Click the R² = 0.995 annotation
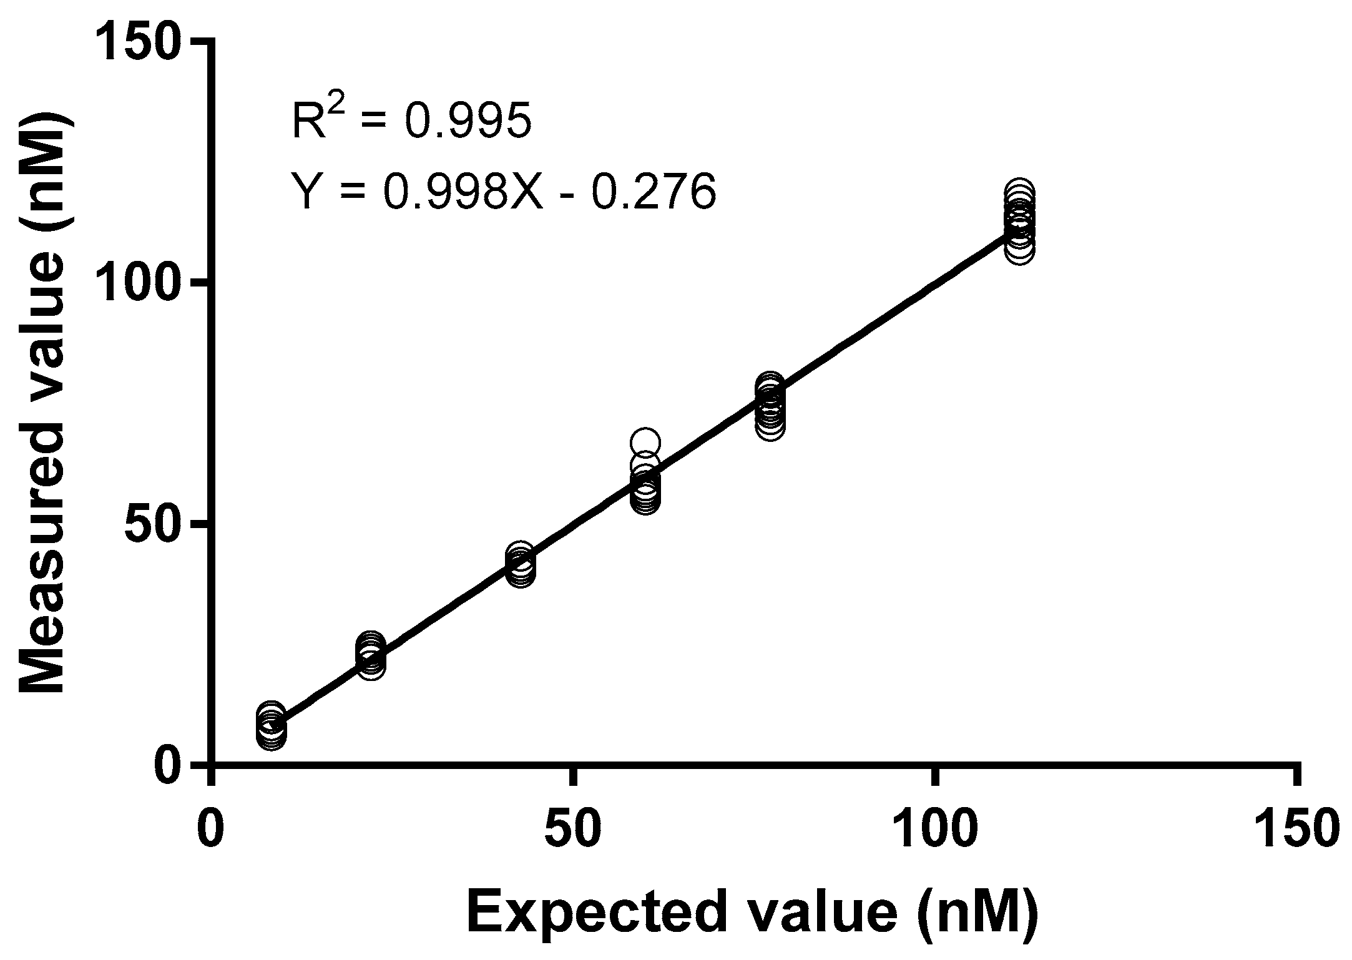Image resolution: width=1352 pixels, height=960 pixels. [x=412, y=120]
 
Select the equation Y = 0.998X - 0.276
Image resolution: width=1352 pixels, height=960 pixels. [x=504, y=191]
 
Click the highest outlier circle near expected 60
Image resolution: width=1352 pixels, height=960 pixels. [x=645, y=442]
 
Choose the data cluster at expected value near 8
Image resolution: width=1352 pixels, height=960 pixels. [x=271, y=727]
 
